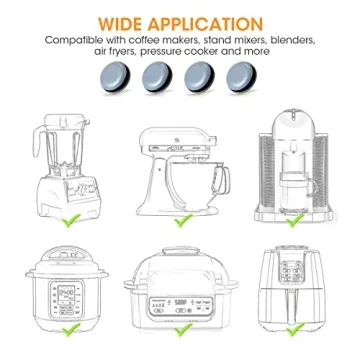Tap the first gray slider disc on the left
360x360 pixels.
tap(125, 75)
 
